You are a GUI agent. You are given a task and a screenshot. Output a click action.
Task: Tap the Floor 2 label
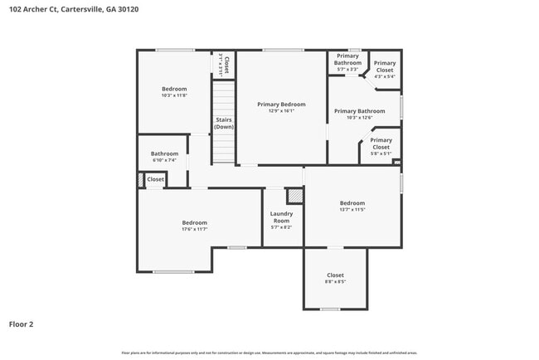tap(21, 324)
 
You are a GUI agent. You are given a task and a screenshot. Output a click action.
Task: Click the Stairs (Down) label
tap(224, 124)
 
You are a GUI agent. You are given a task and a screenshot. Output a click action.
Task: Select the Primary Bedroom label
tap(281, 105)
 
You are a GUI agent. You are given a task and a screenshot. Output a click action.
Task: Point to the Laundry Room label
tap(281, 214)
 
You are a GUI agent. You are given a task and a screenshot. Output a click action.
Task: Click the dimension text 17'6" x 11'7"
tap(194, 229)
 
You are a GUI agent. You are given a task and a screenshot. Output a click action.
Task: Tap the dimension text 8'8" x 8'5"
tap(335, 282)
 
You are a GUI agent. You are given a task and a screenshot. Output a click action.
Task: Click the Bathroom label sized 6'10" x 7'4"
tap(164, 153)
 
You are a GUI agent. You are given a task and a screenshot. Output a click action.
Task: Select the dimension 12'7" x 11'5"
tap(352, 210)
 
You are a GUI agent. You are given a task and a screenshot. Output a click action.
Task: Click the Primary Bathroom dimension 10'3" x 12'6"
tap(359, 118)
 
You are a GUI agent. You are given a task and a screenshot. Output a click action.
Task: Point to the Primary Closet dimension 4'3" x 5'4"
tap(384, 76)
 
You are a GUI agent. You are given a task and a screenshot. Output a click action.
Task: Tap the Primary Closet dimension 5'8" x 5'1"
tap(381, 153)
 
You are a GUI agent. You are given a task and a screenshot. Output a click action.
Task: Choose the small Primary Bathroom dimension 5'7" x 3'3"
tap(347, 70)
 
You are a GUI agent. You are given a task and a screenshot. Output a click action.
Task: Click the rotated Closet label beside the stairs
tap(224, 65)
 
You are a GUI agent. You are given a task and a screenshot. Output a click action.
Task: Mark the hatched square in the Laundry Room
tap(294, 196)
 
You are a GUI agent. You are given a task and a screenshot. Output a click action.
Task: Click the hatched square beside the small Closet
tap(140, 179)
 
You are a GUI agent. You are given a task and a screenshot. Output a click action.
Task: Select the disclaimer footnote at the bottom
tap(269, 353)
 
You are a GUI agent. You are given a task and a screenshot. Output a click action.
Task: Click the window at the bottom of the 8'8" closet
tap(330, 309)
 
